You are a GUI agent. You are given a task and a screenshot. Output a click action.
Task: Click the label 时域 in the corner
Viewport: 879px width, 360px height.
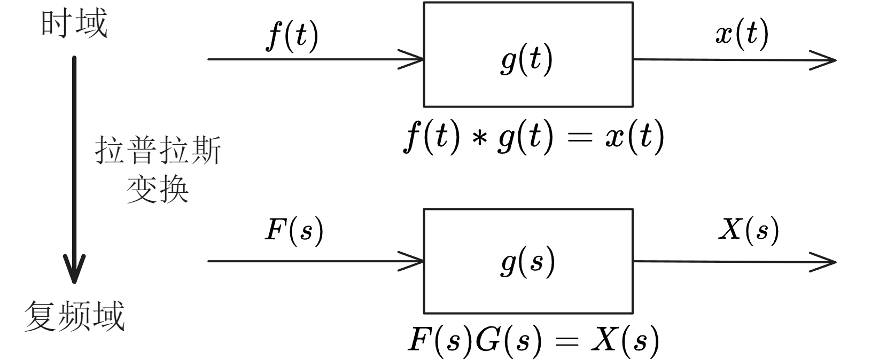tap(74, 24)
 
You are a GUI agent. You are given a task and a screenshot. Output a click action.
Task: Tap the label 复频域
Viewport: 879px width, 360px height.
tap(74, 316)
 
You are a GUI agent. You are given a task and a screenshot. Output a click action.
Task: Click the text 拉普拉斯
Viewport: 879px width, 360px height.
tap(158, 150)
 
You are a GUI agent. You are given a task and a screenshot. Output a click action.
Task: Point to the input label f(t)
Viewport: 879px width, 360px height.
tap(292, 36)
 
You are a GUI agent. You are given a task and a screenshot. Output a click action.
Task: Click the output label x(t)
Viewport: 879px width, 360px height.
tap(742, 34)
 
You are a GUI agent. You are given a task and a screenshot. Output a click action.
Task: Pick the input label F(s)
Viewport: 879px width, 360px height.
tap(294, 231)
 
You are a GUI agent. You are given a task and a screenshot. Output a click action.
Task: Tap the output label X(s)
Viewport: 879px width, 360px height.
tap(748, 230)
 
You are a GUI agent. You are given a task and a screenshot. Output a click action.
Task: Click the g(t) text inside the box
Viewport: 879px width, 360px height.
tap(527, 60)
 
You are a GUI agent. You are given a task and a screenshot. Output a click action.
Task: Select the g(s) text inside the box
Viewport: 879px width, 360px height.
tap(528, 262)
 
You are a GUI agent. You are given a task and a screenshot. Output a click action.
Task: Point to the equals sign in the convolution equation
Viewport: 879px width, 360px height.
tap(579, 138)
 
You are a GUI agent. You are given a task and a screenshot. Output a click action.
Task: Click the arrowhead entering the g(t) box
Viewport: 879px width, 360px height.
tap(414, 59)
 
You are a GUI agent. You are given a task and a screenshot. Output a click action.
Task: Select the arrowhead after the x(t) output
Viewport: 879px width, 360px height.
tap(826, 60)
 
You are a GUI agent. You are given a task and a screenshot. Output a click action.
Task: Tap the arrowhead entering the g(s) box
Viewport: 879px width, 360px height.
tap(414, 261)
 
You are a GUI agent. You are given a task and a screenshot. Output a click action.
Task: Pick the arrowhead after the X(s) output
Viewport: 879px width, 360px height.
tap(826, 262)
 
